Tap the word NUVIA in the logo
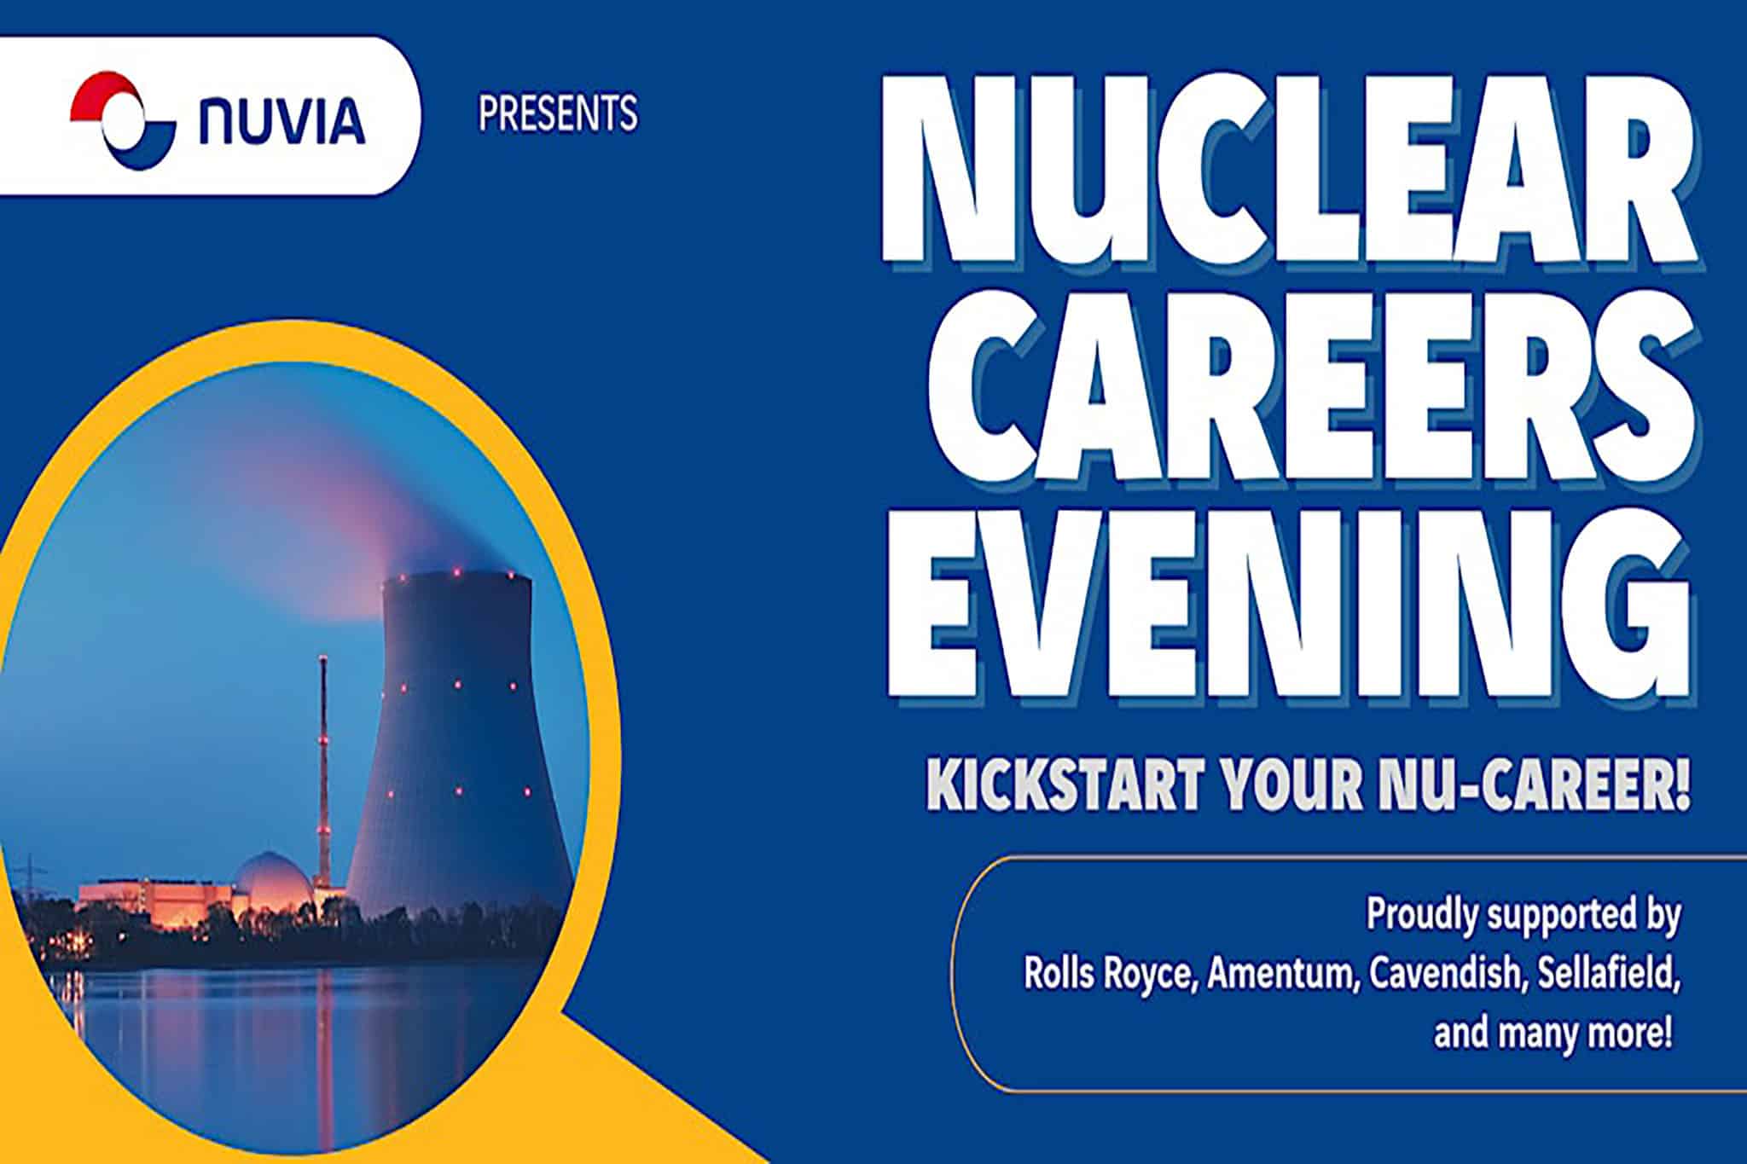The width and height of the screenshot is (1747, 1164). [281, 121]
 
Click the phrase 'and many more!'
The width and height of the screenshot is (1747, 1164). [1553, 1034]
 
